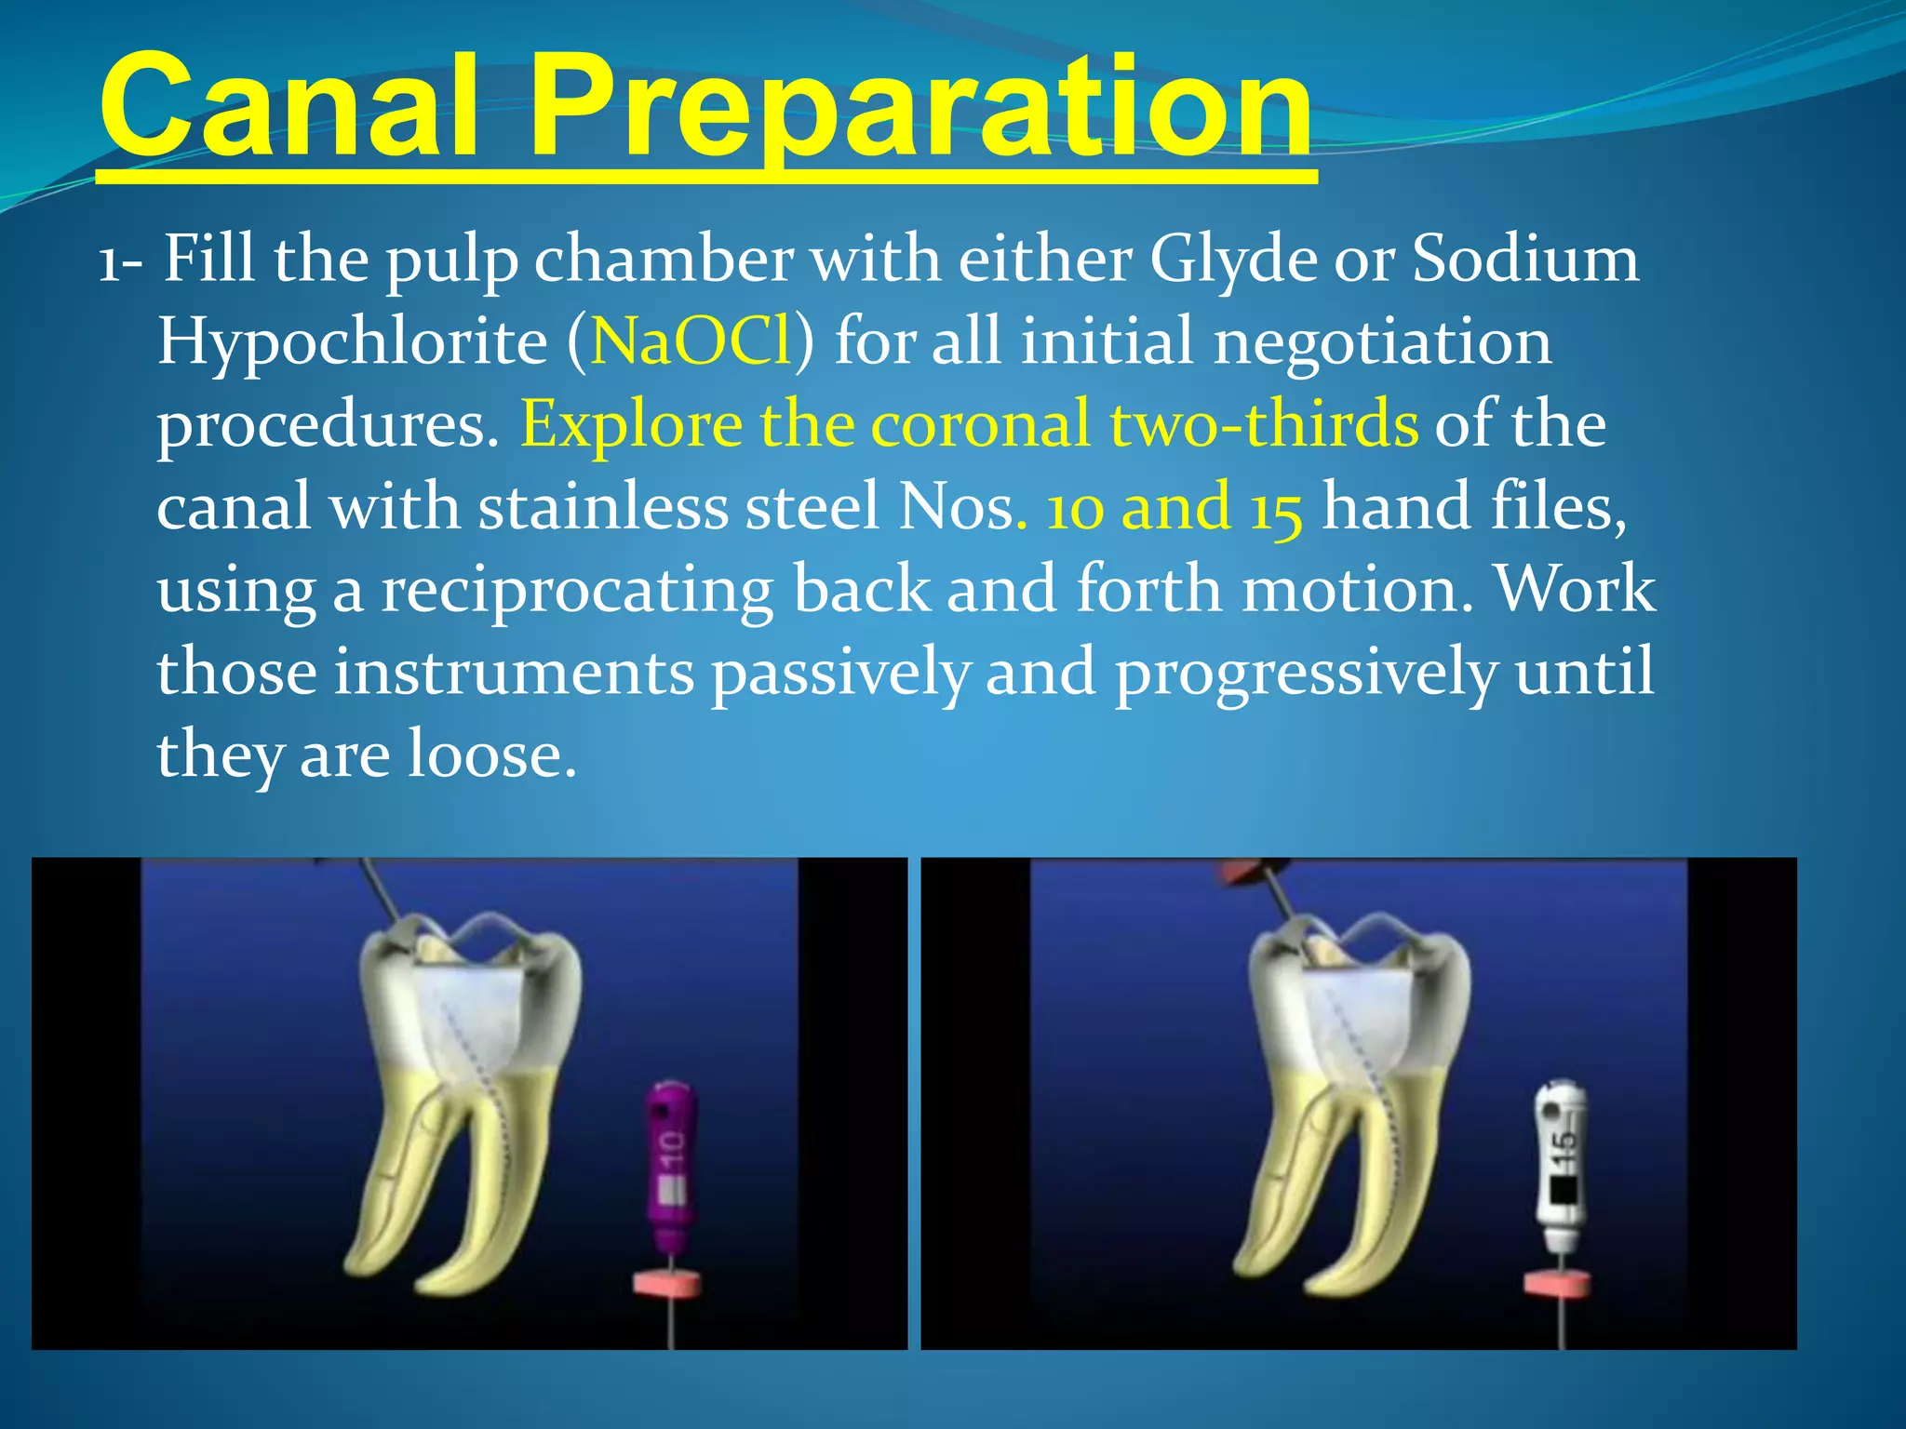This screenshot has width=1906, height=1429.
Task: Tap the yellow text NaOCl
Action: pyautogui.click(x=691, y=341)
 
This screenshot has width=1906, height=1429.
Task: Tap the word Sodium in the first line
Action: pyautogui.click(x=1525, y=259)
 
